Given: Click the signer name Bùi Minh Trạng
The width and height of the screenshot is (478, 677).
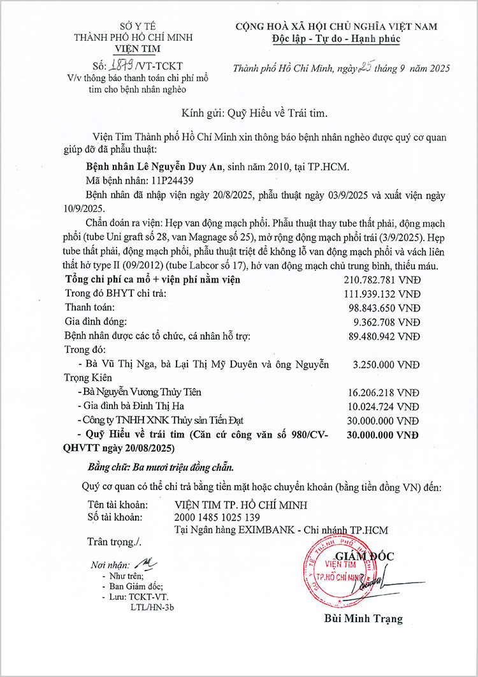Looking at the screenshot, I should pyautogui.click(x=363, y=619).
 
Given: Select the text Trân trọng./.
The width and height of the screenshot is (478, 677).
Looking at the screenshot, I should pyautogui.click(x=114, y=542).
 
